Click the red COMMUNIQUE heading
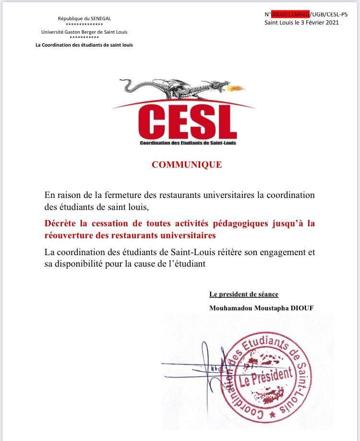click(x=187, y=165)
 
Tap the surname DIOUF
click(x=300, y=308)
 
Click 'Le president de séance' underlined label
click(x=244, y=294)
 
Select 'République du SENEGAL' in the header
click(x=84, y=18)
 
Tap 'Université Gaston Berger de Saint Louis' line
click(x=84, y=32)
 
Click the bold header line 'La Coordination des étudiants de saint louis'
click(x=84, y=45)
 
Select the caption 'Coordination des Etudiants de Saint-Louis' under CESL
click(x=188, y=143)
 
